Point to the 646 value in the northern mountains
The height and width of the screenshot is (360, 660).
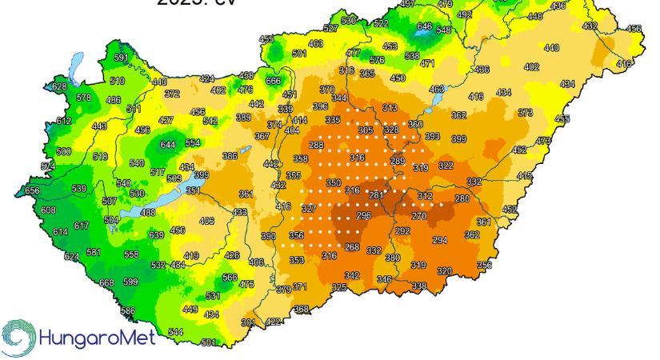424,26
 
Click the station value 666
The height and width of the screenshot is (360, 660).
274,81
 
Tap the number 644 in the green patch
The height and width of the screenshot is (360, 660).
168,145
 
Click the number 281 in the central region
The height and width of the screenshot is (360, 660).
376,194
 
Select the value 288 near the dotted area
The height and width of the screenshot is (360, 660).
317,145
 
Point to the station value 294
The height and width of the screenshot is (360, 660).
440,240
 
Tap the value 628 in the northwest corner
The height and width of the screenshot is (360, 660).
59,86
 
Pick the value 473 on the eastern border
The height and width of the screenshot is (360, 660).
543,142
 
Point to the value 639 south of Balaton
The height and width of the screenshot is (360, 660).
157,234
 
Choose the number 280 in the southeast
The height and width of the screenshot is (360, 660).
462,198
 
